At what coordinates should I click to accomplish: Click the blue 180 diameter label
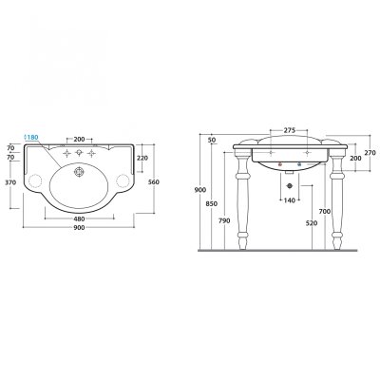click(31, 138)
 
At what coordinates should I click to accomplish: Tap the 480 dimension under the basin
click(79, 218)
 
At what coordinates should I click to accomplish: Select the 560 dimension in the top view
click(154, 181)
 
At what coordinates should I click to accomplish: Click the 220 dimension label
click(142, 158)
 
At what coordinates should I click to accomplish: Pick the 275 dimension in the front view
click(290, 130)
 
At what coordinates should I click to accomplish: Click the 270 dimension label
click(370, 152)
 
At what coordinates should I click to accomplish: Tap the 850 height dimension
click(211, 204)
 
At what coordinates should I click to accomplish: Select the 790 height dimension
click(224, 220)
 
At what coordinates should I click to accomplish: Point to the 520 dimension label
click(312, 223)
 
